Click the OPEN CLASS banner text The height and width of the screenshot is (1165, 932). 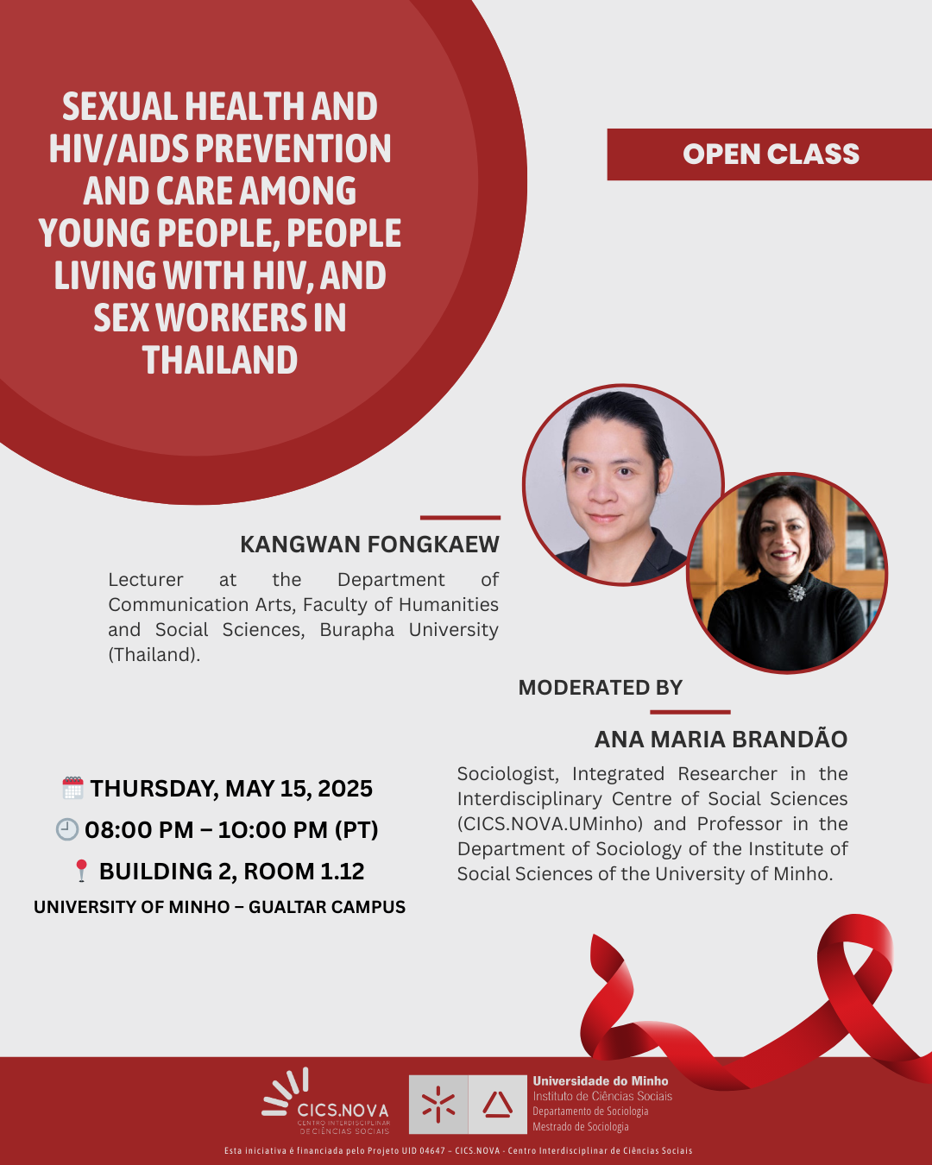[x=771, y=154]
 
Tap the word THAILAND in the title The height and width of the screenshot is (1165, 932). [x=220, y=360]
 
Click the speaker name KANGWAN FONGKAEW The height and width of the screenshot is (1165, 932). [x=370, y=545]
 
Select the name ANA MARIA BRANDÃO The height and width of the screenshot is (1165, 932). [x=721, y=739]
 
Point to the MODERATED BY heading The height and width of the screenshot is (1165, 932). [x=600, y=688]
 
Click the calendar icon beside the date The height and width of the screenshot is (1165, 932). [x=72, y=788]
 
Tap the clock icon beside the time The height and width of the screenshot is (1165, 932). [x=67, y=829]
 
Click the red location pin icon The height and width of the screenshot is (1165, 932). [x=81, y=871]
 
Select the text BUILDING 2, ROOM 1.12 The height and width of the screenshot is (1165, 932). [x=231, y=871]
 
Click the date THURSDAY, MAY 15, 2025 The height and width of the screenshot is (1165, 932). [x=231, y=788]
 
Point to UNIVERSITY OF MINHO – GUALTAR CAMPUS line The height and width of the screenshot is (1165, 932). [x=219, y=907]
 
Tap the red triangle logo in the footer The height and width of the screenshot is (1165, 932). [x=497, y=1105]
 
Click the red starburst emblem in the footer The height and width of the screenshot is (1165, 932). [x=438, y=1105]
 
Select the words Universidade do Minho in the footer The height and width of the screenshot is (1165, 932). [x=601, y=1081]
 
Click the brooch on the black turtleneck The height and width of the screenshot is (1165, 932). [x=797, y=594]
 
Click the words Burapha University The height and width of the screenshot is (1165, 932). [x=409, y=630]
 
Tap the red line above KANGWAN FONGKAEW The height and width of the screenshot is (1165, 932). [x=460, y=518]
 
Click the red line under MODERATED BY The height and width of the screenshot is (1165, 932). [x=690, y=712]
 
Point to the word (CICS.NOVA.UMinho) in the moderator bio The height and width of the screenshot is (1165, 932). [x=550, y=823]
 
